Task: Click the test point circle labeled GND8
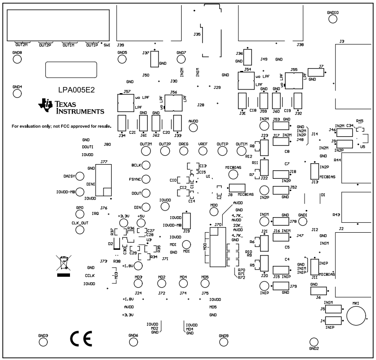click(x=17, y=59)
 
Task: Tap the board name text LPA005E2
click(x=77, y=90)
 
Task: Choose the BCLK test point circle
click(x=146, y=165)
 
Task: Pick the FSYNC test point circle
click(x=146, y=179)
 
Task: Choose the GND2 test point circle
click(x=314, y=342)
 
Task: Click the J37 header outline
click(x=154, y=59)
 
